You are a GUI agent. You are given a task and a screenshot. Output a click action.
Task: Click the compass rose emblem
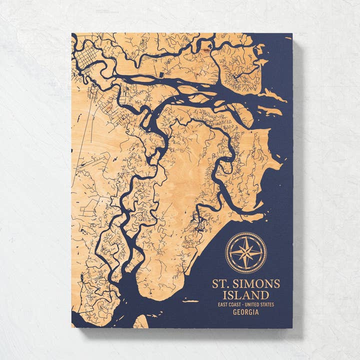click(245, 252)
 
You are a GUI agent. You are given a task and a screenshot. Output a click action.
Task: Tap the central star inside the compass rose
click(245, 252)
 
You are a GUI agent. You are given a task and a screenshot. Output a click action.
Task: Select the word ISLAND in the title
click(245, 295)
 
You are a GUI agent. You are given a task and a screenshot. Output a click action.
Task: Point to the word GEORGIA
click(245, 312)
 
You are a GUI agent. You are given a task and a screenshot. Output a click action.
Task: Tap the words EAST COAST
click(229, 304)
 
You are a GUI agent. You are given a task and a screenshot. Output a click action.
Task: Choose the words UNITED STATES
click(260, 304)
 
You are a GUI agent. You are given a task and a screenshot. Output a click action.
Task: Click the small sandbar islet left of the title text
click(190, 300)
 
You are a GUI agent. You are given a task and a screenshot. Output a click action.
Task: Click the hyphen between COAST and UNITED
click(243, 304)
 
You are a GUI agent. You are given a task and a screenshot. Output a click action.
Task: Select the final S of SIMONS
click(276, 284)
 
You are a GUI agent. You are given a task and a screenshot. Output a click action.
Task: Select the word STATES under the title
click(267, 304)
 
